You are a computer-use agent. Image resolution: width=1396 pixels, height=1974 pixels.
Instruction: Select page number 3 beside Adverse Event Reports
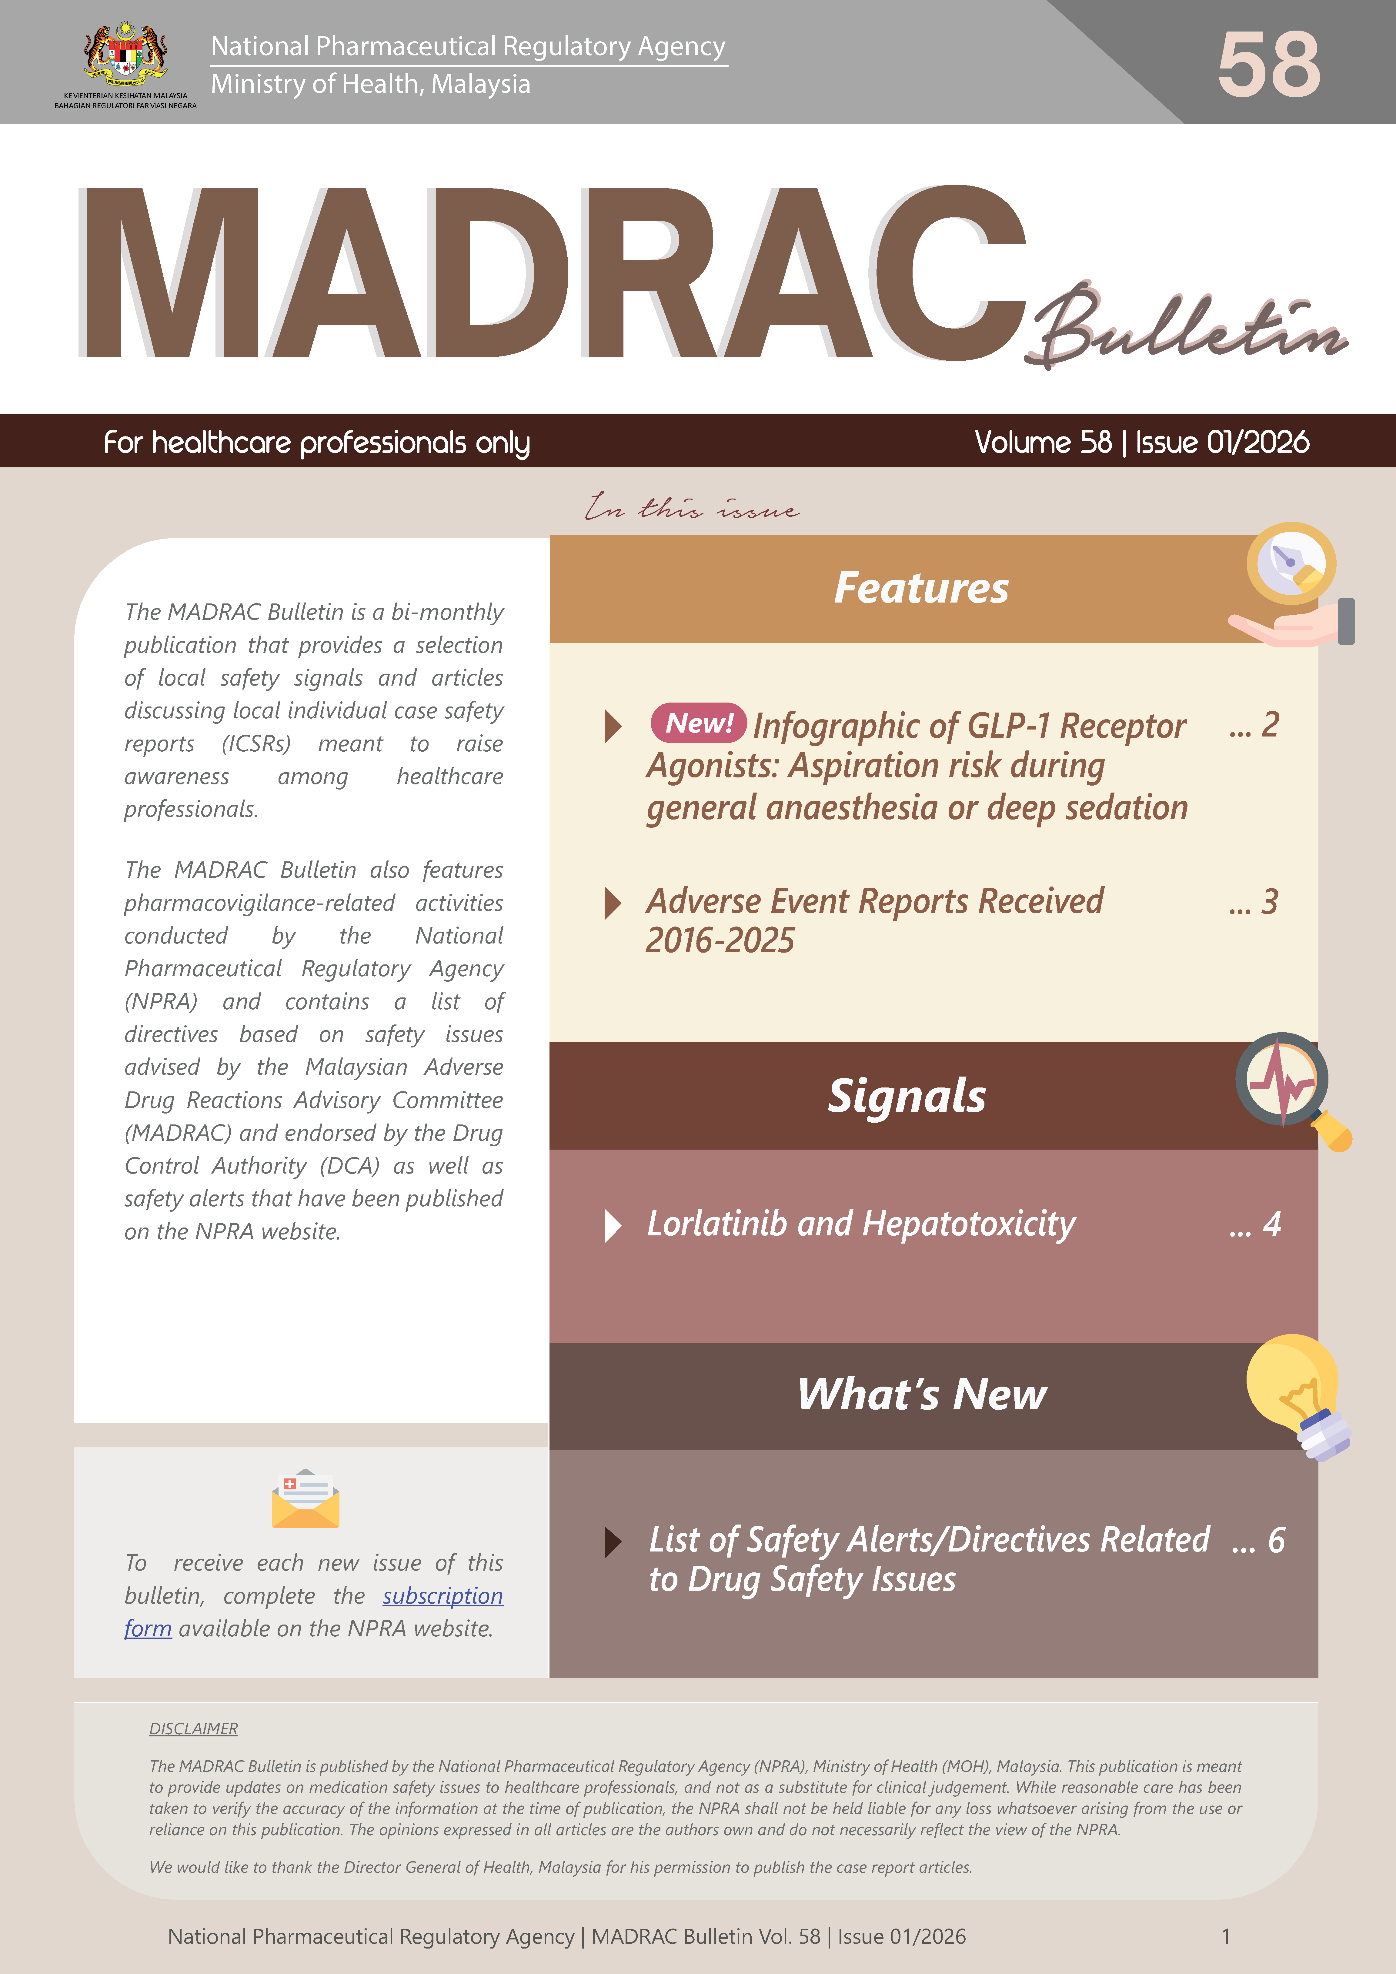(1269, 902)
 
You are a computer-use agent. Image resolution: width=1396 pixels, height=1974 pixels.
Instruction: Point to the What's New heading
(921, 1394)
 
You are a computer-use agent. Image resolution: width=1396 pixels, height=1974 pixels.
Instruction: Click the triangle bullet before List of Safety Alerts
(613, 1541)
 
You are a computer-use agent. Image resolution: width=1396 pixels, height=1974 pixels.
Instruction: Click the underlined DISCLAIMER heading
(193, 1729)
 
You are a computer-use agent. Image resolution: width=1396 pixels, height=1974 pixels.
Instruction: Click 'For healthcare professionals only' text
(316, 443)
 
